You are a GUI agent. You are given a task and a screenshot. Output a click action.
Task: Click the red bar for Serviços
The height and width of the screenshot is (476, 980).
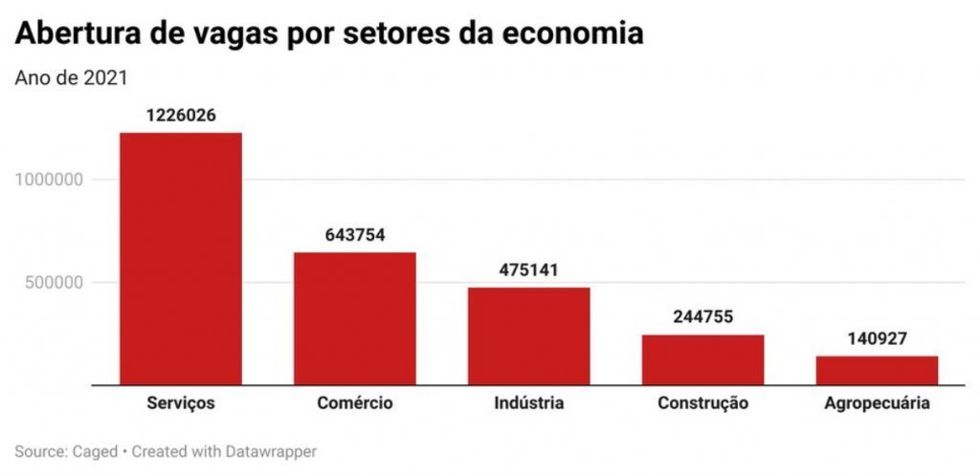[180, 258]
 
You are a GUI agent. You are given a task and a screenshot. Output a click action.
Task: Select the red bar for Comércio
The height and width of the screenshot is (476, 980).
[354, 318]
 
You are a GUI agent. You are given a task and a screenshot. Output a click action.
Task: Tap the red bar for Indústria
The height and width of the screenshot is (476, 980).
[528, 335]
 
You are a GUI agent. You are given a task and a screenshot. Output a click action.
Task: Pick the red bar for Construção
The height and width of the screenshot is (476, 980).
[702, 359]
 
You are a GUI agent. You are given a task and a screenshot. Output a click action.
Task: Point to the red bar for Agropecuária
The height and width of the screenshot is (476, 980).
[877, 370]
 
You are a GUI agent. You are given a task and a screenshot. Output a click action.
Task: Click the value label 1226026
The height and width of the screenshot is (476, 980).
[180, 115]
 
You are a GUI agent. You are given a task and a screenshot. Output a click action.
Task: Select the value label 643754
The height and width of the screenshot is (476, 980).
[354, 235]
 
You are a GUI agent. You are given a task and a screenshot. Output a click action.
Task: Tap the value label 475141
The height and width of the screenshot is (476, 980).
[528, 270]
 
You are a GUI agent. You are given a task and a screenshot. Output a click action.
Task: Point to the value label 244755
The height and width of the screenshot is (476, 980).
[702, 317]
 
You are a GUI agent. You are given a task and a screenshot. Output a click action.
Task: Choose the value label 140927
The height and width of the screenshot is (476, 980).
[877, 338]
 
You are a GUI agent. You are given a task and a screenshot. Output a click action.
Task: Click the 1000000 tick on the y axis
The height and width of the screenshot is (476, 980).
[59, 179]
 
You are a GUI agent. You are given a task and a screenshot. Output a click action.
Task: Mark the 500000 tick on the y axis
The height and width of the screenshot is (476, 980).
[64, 282]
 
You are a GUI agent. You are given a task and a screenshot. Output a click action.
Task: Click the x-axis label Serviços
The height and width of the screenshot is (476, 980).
[180, 403]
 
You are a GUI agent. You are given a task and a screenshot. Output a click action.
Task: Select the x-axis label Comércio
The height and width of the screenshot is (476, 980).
[354, 403]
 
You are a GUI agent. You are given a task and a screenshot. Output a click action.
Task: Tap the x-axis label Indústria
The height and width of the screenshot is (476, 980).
[528, 403]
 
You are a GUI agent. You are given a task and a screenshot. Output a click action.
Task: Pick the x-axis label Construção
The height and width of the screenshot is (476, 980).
[702, 403]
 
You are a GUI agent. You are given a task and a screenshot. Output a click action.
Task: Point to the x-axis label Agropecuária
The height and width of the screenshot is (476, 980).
[877, 403]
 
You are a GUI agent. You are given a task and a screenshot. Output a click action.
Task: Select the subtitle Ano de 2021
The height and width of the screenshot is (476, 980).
[71, 77]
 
